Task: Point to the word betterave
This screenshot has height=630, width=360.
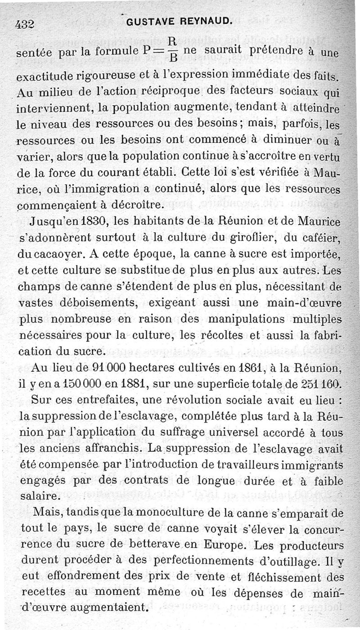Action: pyautogui.click(x=136, y=546)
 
